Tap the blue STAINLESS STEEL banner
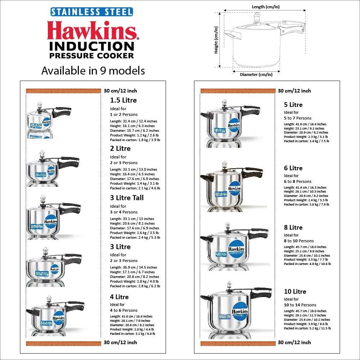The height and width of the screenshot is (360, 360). tap(91, 11)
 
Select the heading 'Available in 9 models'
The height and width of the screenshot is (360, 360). tap(93, 71)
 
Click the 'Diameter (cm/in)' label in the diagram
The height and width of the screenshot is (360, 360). tap(256, 75)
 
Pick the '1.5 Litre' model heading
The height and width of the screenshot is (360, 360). tap(123, 100)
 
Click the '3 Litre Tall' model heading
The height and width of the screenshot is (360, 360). tap(127, 198)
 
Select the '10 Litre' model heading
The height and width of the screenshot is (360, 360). tap(295, 292)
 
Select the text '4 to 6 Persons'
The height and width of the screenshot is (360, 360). tap(123, 310)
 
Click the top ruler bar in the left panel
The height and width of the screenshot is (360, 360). tap(63, 91)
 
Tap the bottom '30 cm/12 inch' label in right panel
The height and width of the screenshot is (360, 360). tap(294, 342)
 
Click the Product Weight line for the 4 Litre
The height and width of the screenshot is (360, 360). tap(132, 329)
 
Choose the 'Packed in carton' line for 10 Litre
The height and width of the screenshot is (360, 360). tap(307, 328)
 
